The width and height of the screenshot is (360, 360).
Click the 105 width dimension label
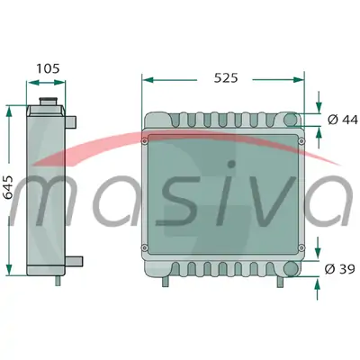pyautogui.click(x=48, y=68)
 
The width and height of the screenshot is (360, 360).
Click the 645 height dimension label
pyautogui.click(x=8, y=187)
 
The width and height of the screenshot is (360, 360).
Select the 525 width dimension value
pyautogui.click(x=226, y=78)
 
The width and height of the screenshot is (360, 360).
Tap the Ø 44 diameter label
pyautogui.click(x=343, y=120)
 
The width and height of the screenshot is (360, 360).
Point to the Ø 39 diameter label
pyautogui.click(x=340, y=269)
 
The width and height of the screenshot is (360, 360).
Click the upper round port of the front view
pyautogui.click(x=291, y=120)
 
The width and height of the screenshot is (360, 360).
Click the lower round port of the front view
pyautogui.click(x=291, y=268)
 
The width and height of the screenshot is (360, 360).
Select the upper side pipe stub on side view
pyautogui.click(x=71, y=122)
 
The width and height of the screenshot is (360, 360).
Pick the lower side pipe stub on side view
pyautogui.click(x=74, y=261)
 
